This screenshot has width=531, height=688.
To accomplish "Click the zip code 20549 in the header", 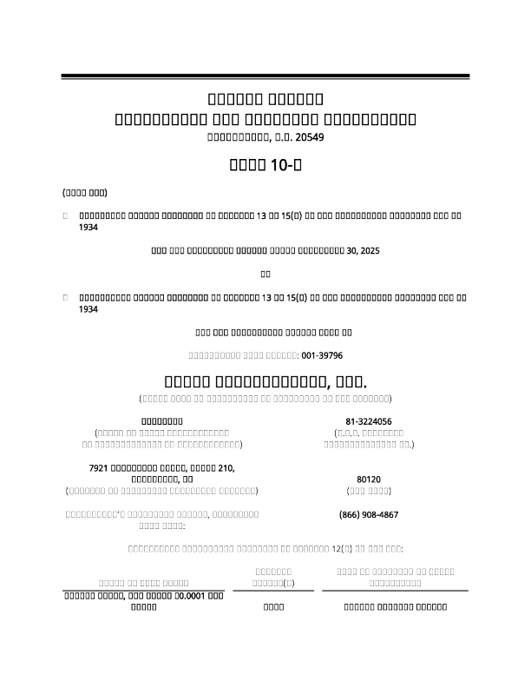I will (311, 137).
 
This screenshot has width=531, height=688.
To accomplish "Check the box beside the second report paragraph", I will (65, 297).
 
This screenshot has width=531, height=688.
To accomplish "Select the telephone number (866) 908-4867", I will (369, 515).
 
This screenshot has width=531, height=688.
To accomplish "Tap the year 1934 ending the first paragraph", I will (88, 228).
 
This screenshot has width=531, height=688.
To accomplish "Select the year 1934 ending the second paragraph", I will (88, 308).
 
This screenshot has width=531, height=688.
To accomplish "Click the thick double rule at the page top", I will (265, 77).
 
